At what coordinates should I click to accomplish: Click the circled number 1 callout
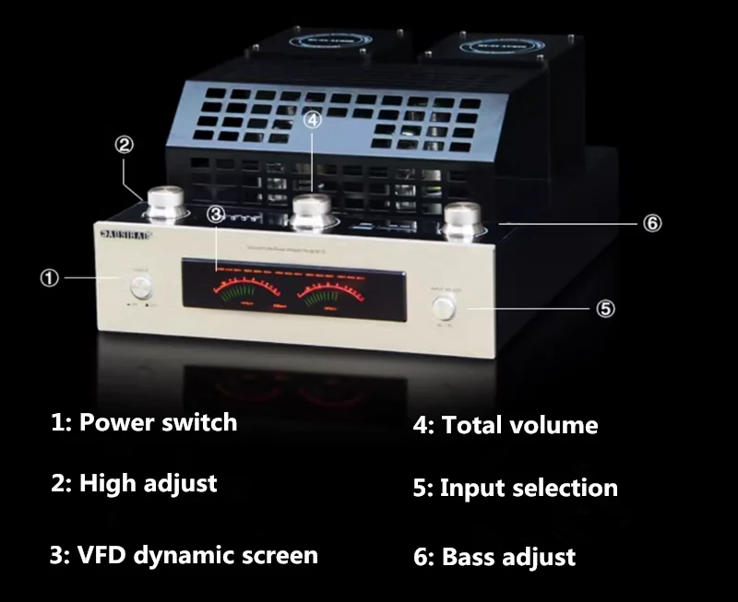(x=49, y=277)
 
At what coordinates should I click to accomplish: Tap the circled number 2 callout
(x=125, y=144)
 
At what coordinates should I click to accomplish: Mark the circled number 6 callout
(x=652, y=223)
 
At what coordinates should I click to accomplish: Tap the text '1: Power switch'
(x=144, y=423)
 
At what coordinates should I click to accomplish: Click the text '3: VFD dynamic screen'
(x=184, y=555)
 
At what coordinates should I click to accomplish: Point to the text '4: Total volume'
(x=505, y=425)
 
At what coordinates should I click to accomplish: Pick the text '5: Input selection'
(x=515, y=488)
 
